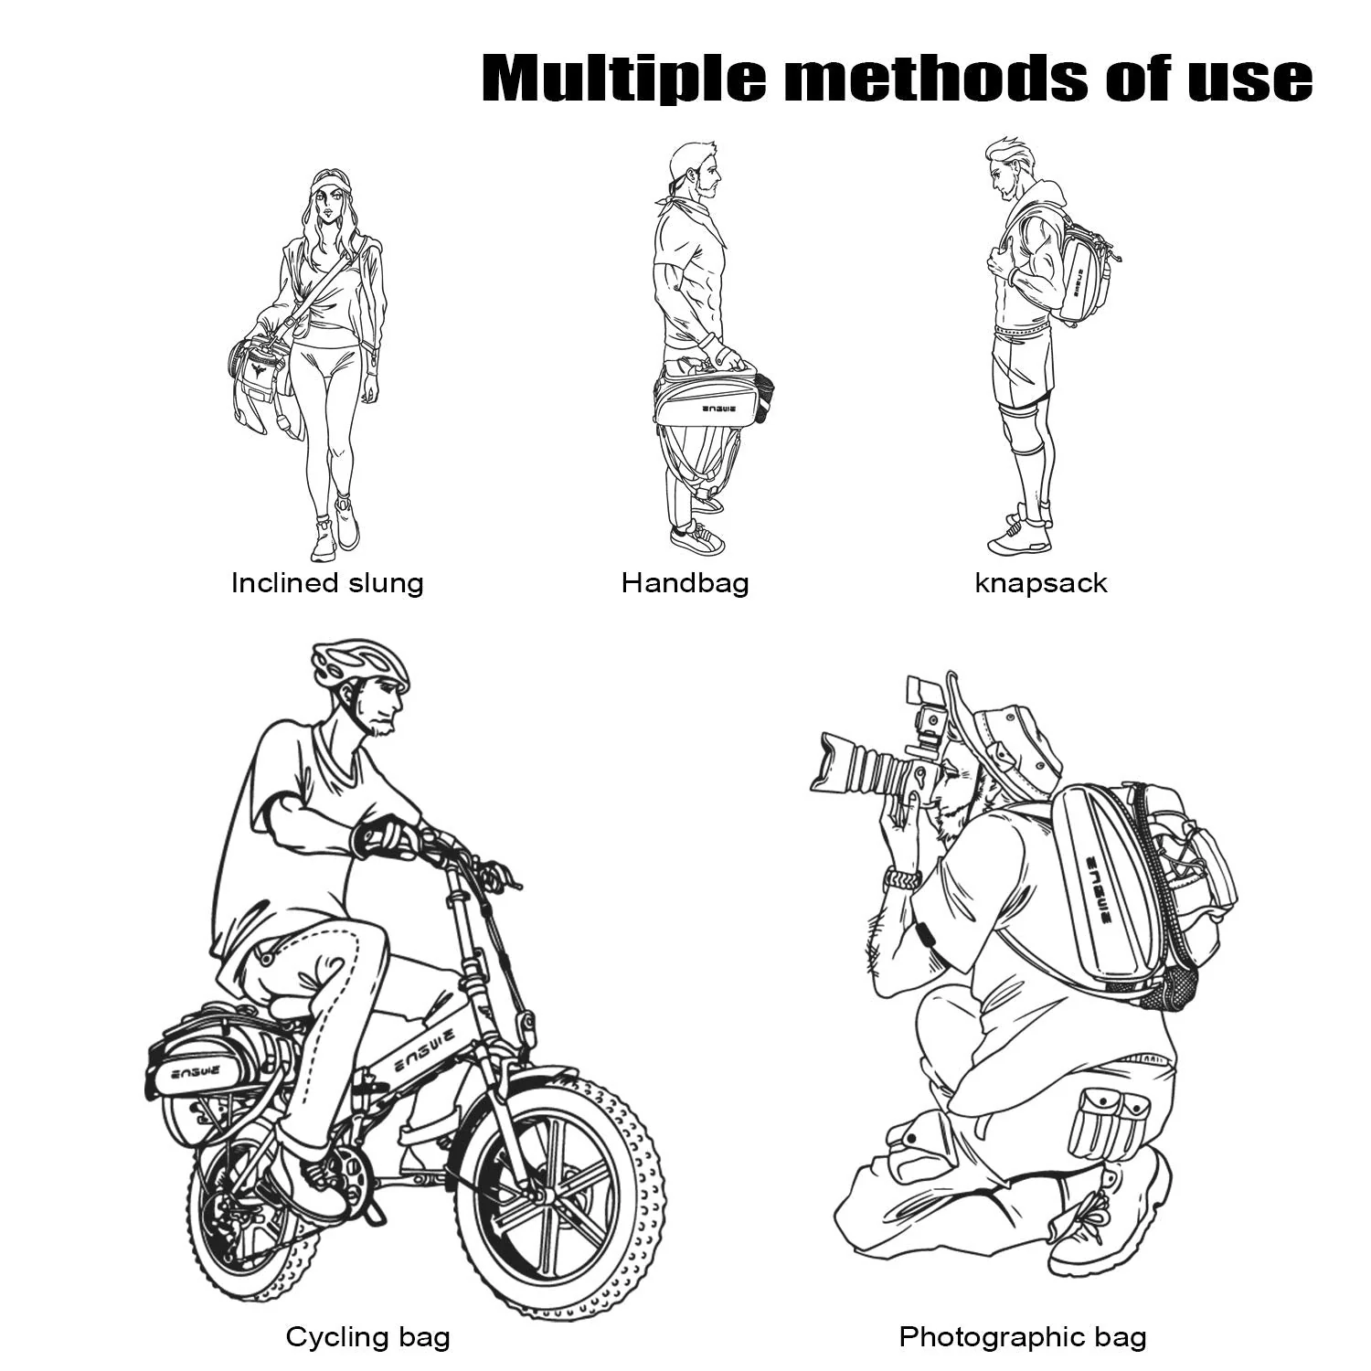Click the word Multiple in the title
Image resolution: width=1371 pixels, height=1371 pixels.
[624, 78]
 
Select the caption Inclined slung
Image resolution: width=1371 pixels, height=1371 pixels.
[327, 583]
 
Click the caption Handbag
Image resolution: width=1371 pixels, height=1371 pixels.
[685, 583]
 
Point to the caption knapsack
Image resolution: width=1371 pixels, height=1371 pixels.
[1041, 583]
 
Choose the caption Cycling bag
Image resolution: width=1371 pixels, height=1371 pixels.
[368, 1337]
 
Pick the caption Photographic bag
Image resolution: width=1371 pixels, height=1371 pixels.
[1023, 1337]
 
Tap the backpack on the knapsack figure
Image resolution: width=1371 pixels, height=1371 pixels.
[1082, 267]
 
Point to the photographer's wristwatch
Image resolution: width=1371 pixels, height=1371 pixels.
[903, 879]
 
